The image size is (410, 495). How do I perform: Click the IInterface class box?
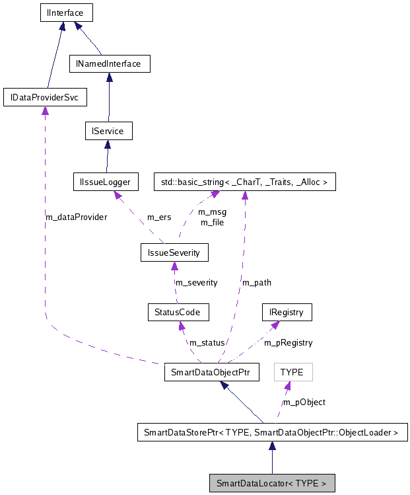point(63,12)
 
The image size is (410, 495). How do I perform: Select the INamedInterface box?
point(110,64)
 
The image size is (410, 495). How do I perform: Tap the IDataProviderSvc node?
point(45,97)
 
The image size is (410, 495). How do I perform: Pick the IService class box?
point(108,131)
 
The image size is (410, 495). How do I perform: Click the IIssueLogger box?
point(106,181)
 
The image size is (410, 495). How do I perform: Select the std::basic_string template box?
point(244,181)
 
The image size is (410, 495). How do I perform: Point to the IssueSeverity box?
point(174,252)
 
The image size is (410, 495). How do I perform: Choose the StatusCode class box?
point(178,311)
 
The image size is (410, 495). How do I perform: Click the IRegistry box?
point(286,311)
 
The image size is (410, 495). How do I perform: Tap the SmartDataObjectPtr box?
point(211,372)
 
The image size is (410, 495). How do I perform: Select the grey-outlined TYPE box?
point(292,372)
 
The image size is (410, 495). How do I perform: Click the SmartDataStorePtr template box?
point(271,433)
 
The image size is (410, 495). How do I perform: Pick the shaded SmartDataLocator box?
point(271,483)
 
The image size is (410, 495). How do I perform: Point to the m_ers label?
point(158,216)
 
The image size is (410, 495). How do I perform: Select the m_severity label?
point(196,282)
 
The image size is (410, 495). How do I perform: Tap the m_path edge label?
point(257,282)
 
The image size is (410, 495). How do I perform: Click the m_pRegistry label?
point(289,342)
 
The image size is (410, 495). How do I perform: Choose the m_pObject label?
point(304,402)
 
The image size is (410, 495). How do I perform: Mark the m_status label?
point(206,342)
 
